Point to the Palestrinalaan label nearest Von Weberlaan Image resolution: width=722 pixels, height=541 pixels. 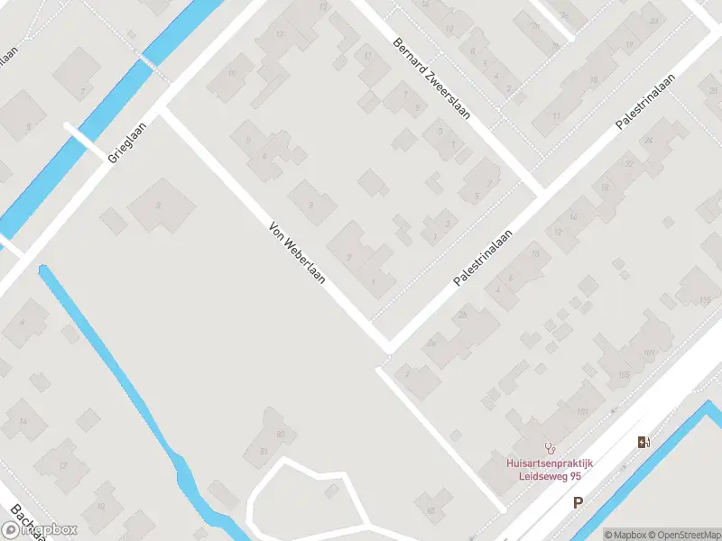[x=484, y=257]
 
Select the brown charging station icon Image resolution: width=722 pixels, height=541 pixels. [x=643, y=442]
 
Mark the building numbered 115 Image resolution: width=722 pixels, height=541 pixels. [x=703, y=299]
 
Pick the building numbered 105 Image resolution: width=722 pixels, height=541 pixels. [x=622, y=374]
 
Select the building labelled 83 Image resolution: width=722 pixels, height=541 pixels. [x=280, y=435]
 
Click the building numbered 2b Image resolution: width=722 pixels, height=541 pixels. [x=463, y=314]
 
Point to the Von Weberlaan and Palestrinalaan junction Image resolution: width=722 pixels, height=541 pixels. [x=388, y=345]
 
